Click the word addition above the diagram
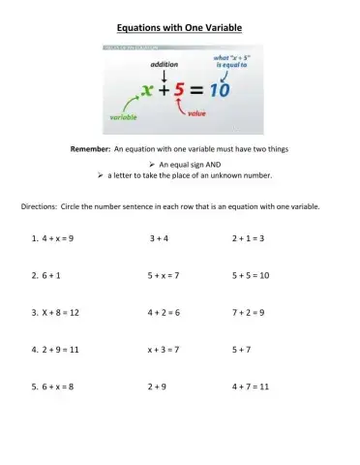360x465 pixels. click(165, 65)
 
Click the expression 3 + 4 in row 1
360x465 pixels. click(160, 237)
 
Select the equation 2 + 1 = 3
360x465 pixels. click(249, 237)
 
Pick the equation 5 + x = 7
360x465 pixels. click(164, 275)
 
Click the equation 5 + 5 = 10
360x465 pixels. click(251, 275)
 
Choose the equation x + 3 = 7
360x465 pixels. click(164, 349)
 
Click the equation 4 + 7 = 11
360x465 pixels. click(251, 387)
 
